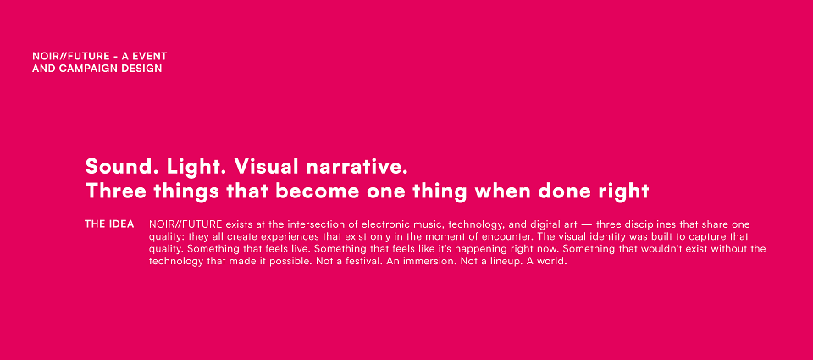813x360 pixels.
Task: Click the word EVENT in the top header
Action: click(x=151, y=56)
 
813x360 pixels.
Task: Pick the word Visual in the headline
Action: click(x=266, y=167)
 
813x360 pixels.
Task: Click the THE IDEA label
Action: click(x=109, y=224)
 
